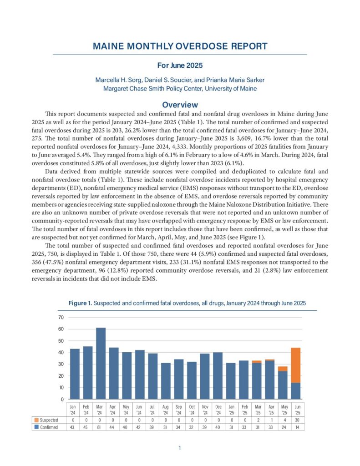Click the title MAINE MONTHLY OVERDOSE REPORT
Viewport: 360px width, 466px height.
(180, 46)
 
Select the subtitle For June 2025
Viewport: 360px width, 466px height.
(180, 66)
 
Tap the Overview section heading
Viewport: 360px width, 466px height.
(180, 105)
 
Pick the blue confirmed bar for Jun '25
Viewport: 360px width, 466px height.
(296, 391)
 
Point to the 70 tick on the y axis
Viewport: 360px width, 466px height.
(60, 317)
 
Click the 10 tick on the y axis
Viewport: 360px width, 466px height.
(60, 388)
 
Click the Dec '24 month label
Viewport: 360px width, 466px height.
(218, 409)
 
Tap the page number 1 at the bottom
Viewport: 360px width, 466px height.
(180, 448)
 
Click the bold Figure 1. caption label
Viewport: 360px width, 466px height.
(80, 303)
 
